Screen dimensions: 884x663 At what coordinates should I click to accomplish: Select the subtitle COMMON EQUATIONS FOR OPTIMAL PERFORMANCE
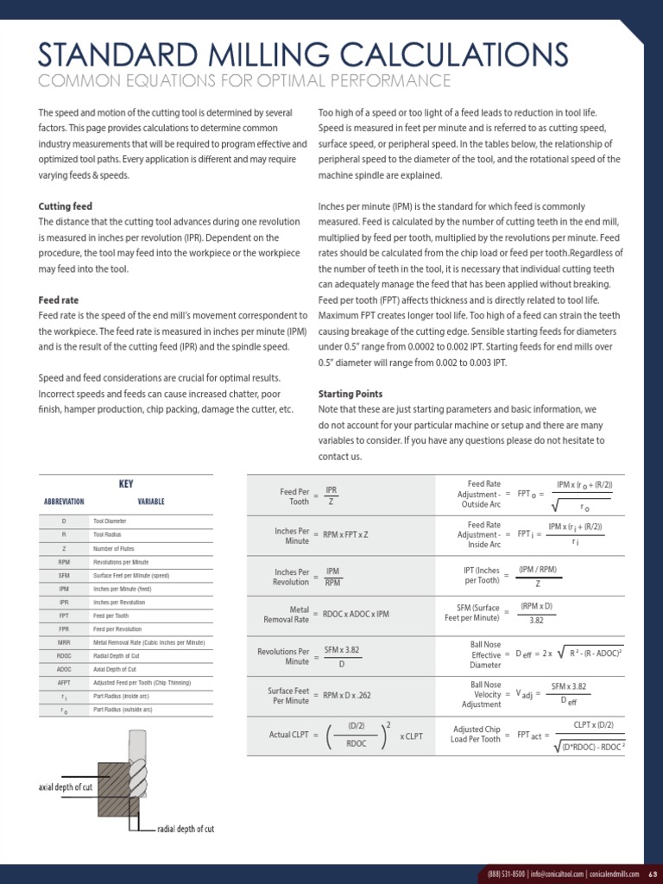pos(245,80)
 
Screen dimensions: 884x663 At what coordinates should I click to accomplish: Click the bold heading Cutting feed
pos(65,206)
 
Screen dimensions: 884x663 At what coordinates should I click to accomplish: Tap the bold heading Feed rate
pos(58,300)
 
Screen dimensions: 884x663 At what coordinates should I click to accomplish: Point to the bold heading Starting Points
pos(350,394)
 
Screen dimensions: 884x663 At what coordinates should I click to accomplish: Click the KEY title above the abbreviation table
pos(126,484)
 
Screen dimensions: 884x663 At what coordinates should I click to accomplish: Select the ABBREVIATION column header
pos(64,501)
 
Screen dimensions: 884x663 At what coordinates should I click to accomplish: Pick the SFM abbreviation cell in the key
pos(64,574)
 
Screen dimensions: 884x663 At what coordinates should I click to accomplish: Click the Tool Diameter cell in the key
pos(110,521)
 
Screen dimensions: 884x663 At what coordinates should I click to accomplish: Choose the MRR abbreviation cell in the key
pos(64,642)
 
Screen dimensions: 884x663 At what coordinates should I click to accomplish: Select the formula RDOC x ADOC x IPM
pos(357,614)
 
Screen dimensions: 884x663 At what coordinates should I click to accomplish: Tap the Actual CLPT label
pos(288,735)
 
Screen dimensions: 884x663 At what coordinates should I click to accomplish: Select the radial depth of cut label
pos(186,829)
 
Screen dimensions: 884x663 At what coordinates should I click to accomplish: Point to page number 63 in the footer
pos(653,872)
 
